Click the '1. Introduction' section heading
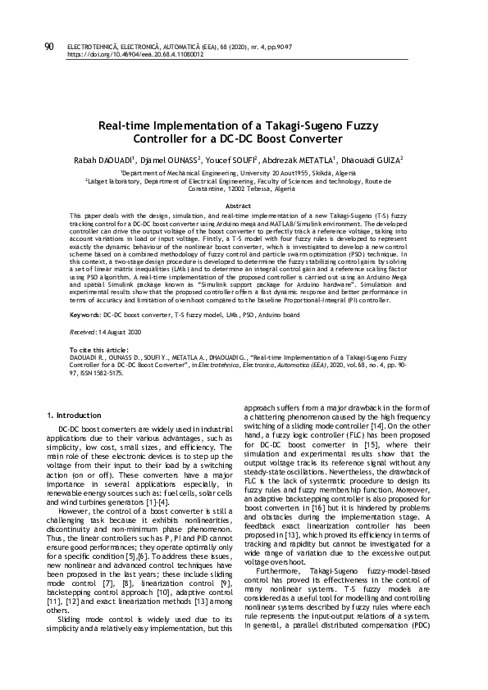pos(75,415)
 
